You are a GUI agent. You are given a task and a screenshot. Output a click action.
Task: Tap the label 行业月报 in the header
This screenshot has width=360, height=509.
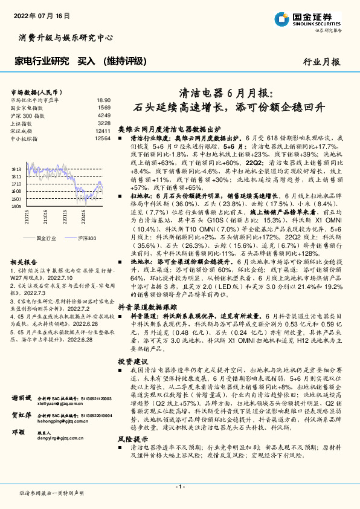pyautogui.click(x=321, y=61)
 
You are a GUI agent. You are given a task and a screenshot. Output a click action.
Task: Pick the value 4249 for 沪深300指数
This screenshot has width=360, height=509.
pyautogui.click(x=104, y=115)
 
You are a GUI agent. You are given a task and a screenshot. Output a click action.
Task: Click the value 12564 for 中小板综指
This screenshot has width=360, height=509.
pyautogui.click(x=103, y=138)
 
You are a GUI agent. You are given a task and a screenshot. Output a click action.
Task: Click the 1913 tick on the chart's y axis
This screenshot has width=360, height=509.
pyautogui.click(x=18, y=170)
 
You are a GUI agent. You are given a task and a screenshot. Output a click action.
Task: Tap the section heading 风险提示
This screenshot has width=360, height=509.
pyautogui.click(x=132, y=438)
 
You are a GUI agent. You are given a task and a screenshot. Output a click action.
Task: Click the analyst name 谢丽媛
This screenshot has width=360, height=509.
pyautogui.click(x=21, y=398)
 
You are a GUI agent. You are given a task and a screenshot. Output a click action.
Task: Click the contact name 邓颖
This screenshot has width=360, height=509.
pyautogui.click(x=19, y=432)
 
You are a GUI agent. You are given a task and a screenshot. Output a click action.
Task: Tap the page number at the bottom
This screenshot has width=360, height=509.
pyautogui.click(x=179, y=487)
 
